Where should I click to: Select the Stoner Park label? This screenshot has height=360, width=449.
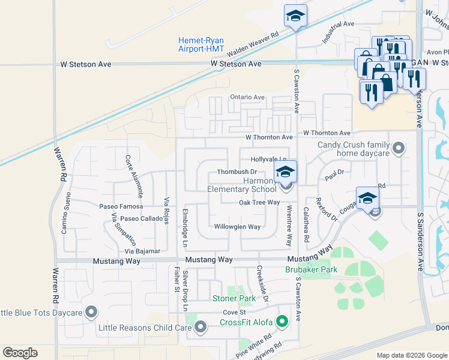click(234, 298)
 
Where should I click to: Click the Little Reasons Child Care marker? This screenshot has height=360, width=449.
click(200, 327)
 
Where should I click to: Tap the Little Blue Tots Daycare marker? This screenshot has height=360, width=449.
click(91, 312)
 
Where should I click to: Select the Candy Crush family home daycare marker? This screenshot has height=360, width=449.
click(397, 148)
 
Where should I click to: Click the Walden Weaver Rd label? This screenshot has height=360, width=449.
click(254, 43)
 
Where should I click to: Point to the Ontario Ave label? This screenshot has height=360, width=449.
click(247, 97)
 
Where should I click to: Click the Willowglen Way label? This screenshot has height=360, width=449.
click(238, 227)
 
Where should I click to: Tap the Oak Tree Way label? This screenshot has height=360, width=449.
click(259, 203)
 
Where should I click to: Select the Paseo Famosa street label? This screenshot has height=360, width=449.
click(121, 206)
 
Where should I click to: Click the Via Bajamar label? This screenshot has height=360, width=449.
click(143, 251)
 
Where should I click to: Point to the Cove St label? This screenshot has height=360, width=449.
click(235, 313)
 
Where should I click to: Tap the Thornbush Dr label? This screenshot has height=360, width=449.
click(237, 172)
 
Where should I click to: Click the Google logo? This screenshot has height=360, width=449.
click(21, 353)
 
